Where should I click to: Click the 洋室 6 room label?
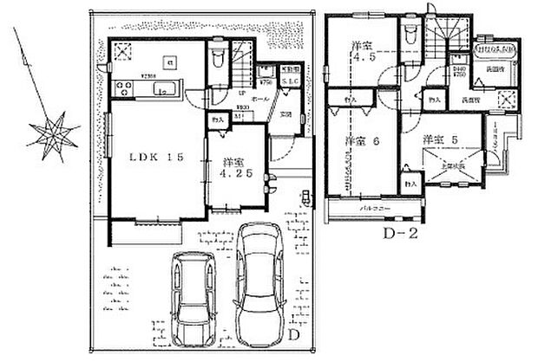358,141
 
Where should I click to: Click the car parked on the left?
192,299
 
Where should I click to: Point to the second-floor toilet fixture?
409,35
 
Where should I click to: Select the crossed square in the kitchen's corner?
124,49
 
